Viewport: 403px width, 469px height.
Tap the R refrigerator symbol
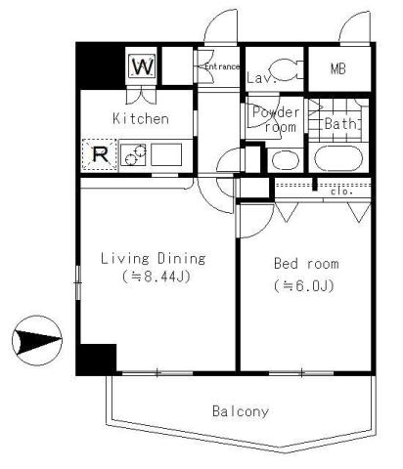(x=99, y=153)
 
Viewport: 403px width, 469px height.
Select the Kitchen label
(x=141, y=119)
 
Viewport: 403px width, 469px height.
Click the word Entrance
(x=221, y=66)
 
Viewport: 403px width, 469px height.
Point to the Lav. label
(x=258, y=76)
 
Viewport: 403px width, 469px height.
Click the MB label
(x=338, y=69)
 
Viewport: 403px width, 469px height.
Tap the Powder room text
(x=274, y=119)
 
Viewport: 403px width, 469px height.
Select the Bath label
(x=339, y=124)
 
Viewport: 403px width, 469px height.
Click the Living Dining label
(x=155, y=259)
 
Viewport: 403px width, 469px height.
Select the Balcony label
(x=241, y=411)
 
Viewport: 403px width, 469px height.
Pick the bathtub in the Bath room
(x=339, y=158)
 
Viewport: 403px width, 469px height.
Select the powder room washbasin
(x=284, y=159)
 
